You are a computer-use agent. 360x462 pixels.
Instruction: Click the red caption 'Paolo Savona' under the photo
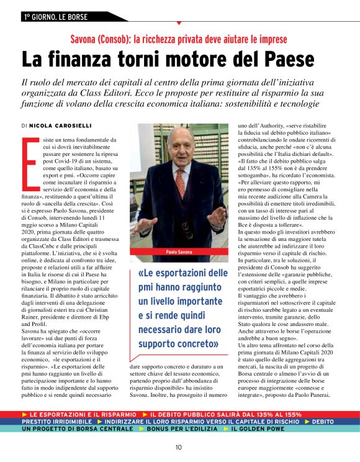coord(181,253)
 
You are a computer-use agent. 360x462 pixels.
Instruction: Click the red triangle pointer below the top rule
coord(179,23)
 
